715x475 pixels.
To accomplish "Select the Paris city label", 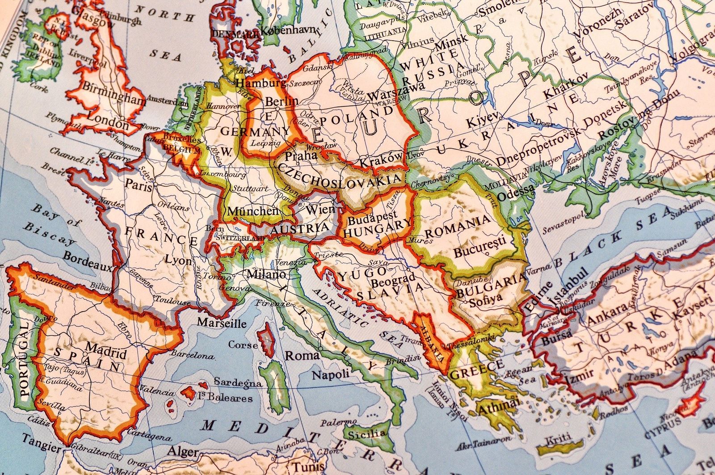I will pos(139,185).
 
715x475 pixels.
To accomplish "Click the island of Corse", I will pos(267,340).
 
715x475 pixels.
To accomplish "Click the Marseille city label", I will pos(222,323).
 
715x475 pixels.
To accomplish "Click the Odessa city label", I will pos(516,192).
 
